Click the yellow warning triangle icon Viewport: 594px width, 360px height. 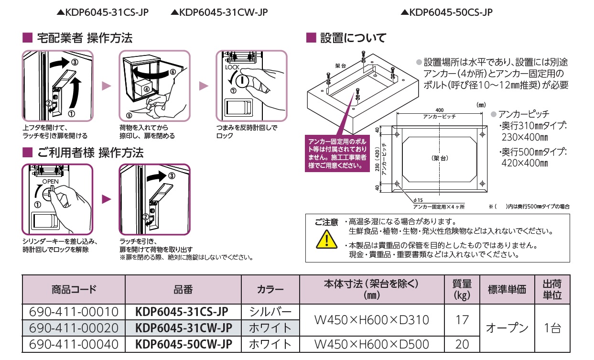pos(325,239)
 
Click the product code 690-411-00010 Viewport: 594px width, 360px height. pos(74,312)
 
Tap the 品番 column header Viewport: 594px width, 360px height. pos(184,289)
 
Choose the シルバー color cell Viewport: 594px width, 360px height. pos(270,312)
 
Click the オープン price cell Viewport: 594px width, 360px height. pos(507,328)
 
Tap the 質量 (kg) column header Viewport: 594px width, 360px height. pos(462,289)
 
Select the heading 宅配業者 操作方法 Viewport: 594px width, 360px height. pos(83,38)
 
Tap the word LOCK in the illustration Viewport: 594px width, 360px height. pos(233,68)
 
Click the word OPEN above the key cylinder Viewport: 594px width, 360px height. pos(50,182)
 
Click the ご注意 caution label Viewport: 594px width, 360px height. pos(326,222)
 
